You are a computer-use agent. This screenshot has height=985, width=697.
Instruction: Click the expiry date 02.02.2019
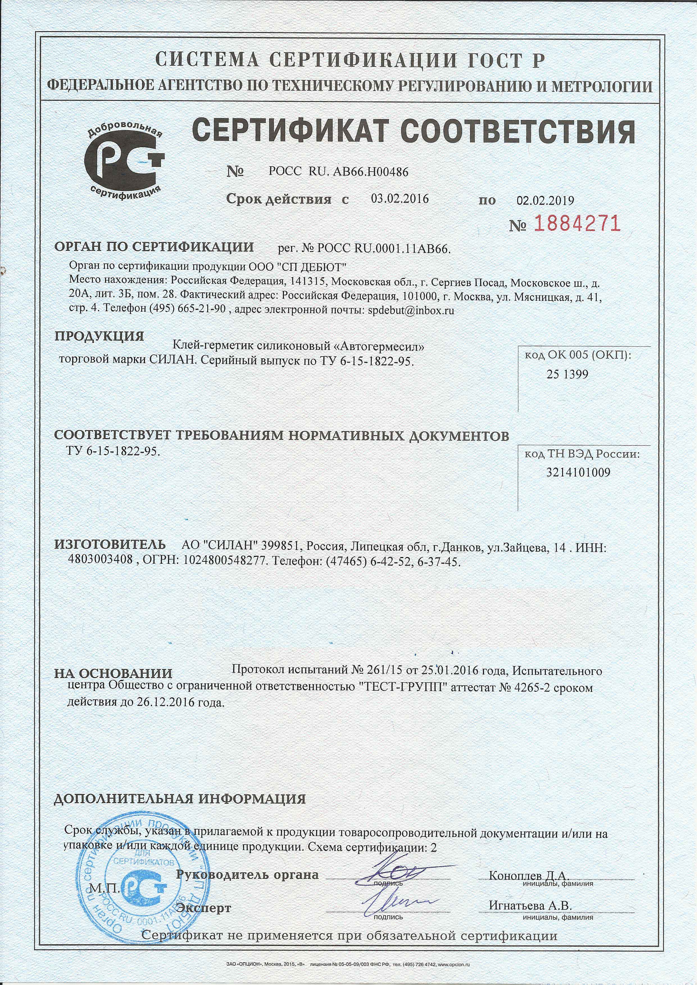tap(545, 200)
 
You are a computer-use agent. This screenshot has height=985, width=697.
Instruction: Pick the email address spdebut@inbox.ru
tap(411, 311)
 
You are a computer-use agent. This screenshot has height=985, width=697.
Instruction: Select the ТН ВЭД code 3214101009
tap(578, 472)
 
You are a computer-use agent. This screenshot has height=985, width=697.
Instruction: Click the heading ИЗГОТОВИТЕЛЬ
tap(110, 545)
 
